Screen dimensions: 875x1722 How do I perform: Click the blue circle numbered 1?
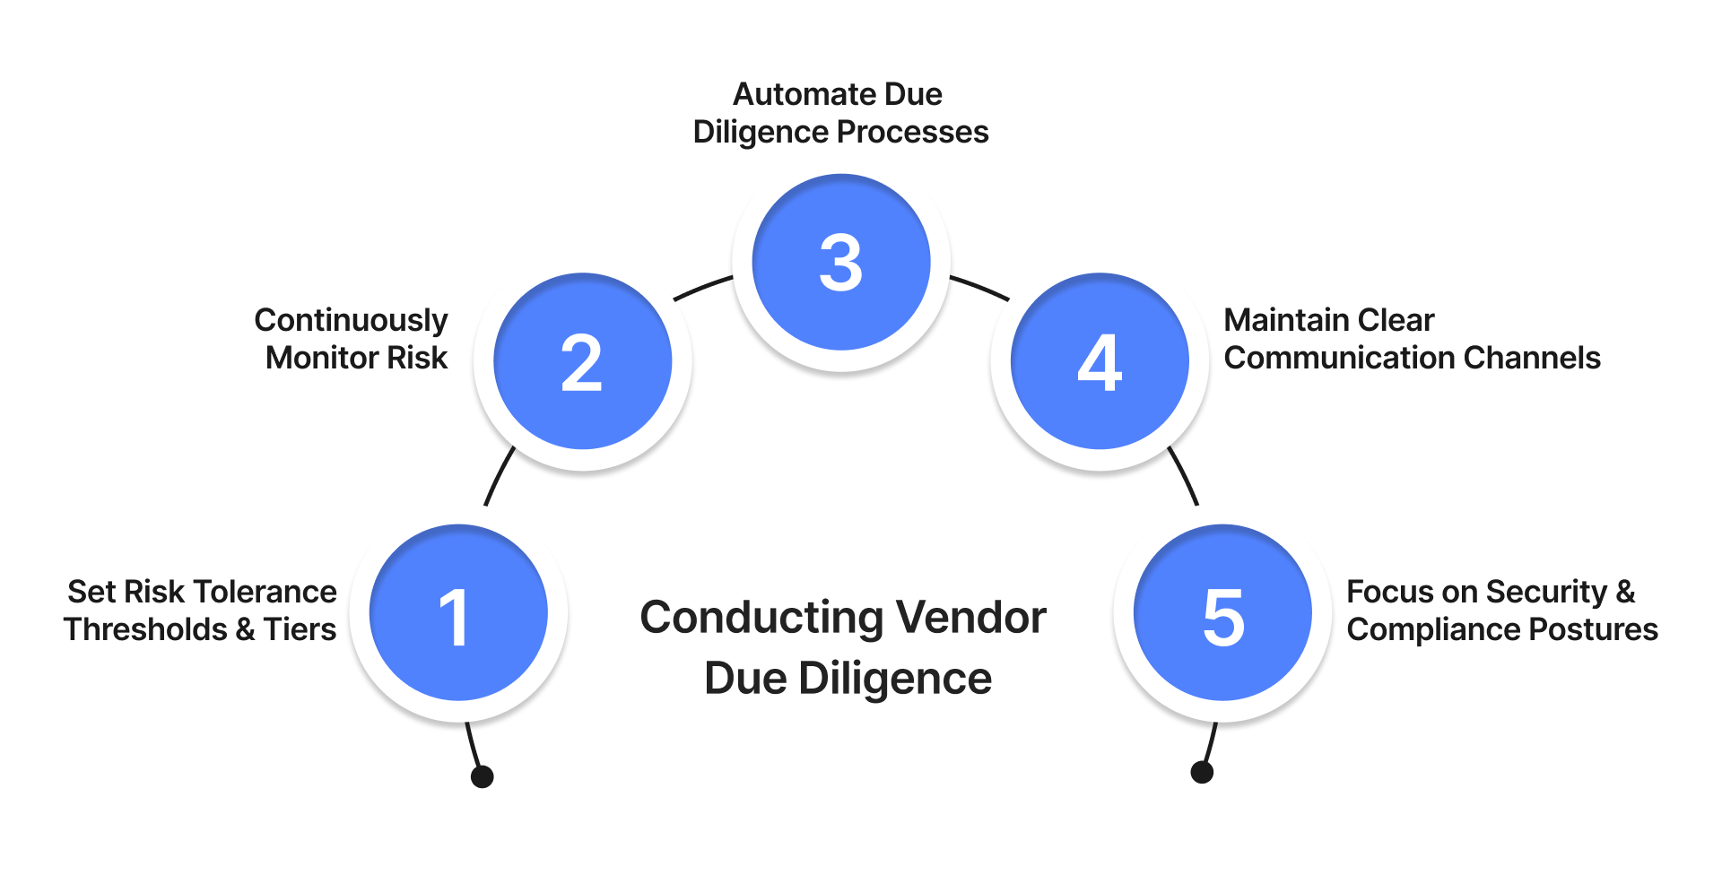click(x=458, y=613)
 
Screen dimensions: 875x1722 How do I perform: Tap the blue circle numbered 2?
click(x=583, y=361)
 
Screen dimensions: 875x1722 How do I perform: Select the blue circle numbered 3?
click(x=841, y=262)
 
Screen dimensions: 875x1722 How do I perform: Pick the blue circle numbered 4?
click(x=1100, y=361)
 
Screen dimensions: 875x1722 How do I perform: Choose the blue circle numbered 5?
click(x=1222, y=613)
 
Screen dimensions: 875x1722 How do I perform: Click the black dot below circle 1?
click(x=483, y=776)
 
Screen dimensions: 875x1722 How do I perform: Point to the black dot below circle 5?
click(x=1202, y=772)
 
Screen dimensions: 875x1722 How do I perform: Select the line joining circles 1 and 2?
click(x=499, y=476)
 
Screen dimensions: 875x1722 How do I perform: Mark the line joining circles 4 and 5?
click(x=1183, y=476)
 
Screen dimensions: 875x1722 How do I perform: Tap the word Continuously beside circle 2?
click(x=351, y=321)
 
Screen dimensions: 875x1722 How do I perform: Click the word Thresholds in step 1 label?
click(x=145, y=629)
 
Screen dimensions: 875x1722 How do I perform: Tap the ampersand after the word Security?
click(x=1625, y=592)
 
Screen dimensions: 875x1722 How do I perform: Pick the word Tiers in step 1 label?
click(x=300, y=629)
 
